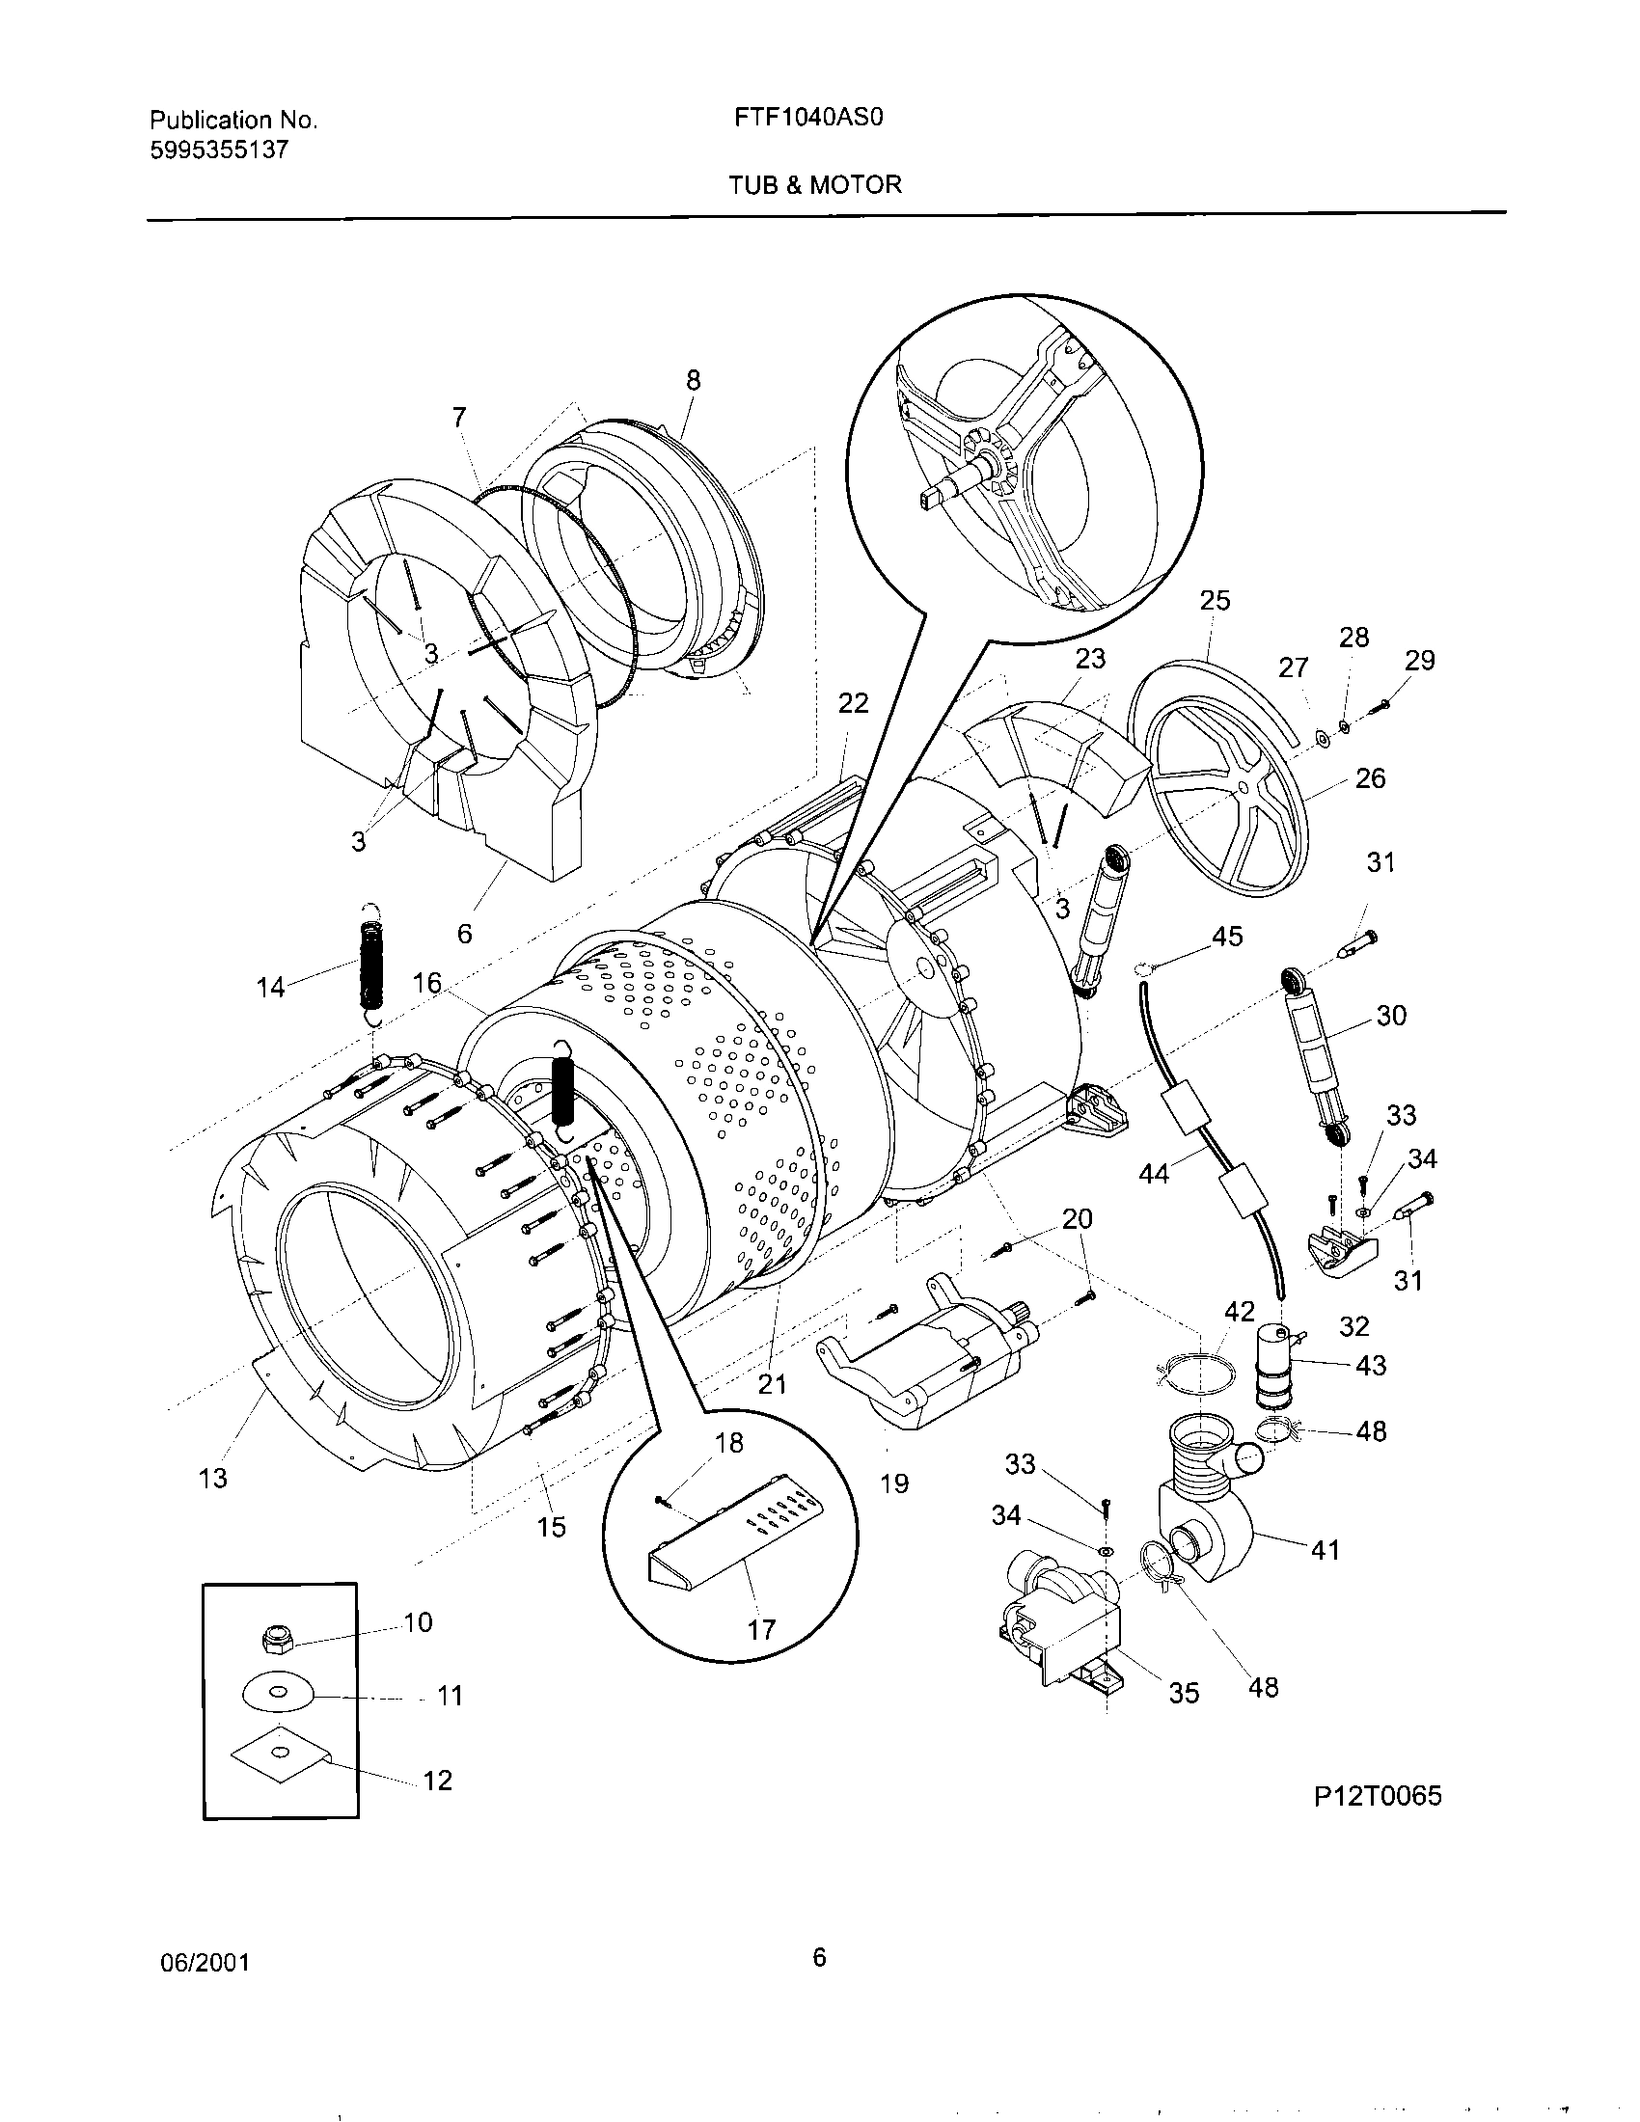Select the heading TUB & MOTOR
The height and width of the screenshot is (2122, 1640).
815,184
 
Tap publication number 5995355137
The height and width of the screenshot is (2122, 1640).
219,150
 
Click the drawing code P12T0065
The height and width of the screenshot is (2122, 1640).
1377,1796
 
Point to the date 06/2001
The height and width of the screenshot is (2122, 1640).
204,1962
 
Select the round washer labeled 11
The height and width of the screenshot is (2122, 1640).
278,1694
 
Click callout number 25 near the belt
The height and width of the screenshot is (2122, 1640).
1214,601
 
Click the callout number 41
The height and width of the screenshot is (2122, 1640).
1326,1549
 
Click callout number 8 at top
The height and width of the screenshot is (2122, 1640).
693,380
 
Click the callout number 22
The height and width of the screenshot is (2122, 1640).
852,702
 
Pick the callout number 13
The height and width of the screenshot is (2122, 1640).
213,1478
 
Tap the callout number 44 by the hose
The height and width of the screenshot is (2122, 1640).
1154,1174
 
